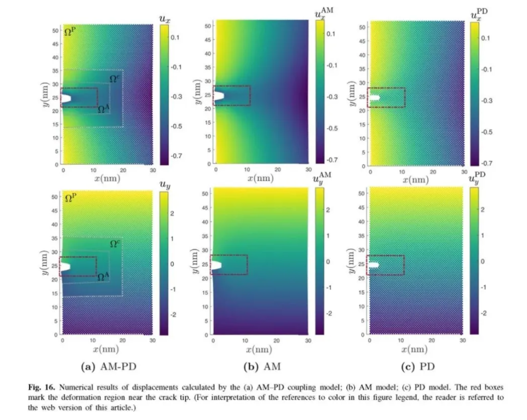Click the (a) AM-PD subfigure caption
pyautogui.click(x=109, y=367)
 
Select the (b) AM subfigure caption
pyautogui.click(x=263, y=367)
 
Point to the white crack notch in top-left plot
pyautogui.click(x=65, y=98)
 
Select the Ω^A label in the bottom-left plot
pyautogui.click(x=103, y=278)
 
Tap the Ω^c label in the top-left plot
pyautogui.click(x=115, y=79)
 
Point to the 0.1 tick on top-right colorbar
pyautogui.click(x=486, y=39)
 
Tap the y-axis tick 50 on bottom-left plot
pyautogui.click(x=54, y=197)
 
